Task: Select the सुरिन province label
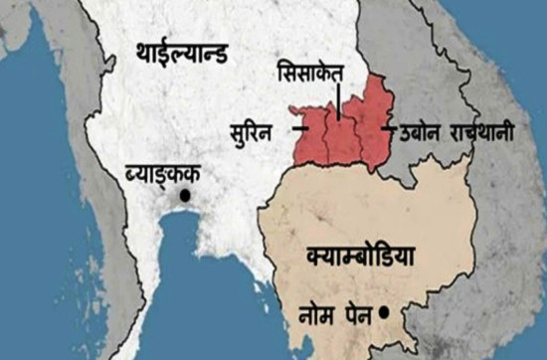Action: point(260,129)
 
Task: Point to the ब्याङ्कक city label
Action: point(162,176)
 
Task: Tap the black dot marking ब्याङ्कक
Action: point(184,197)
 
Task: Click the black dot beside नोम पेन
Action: point(382,314)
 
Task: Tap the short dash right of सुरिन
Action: point(298,128)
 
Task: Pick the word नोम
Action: point(316,316)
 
